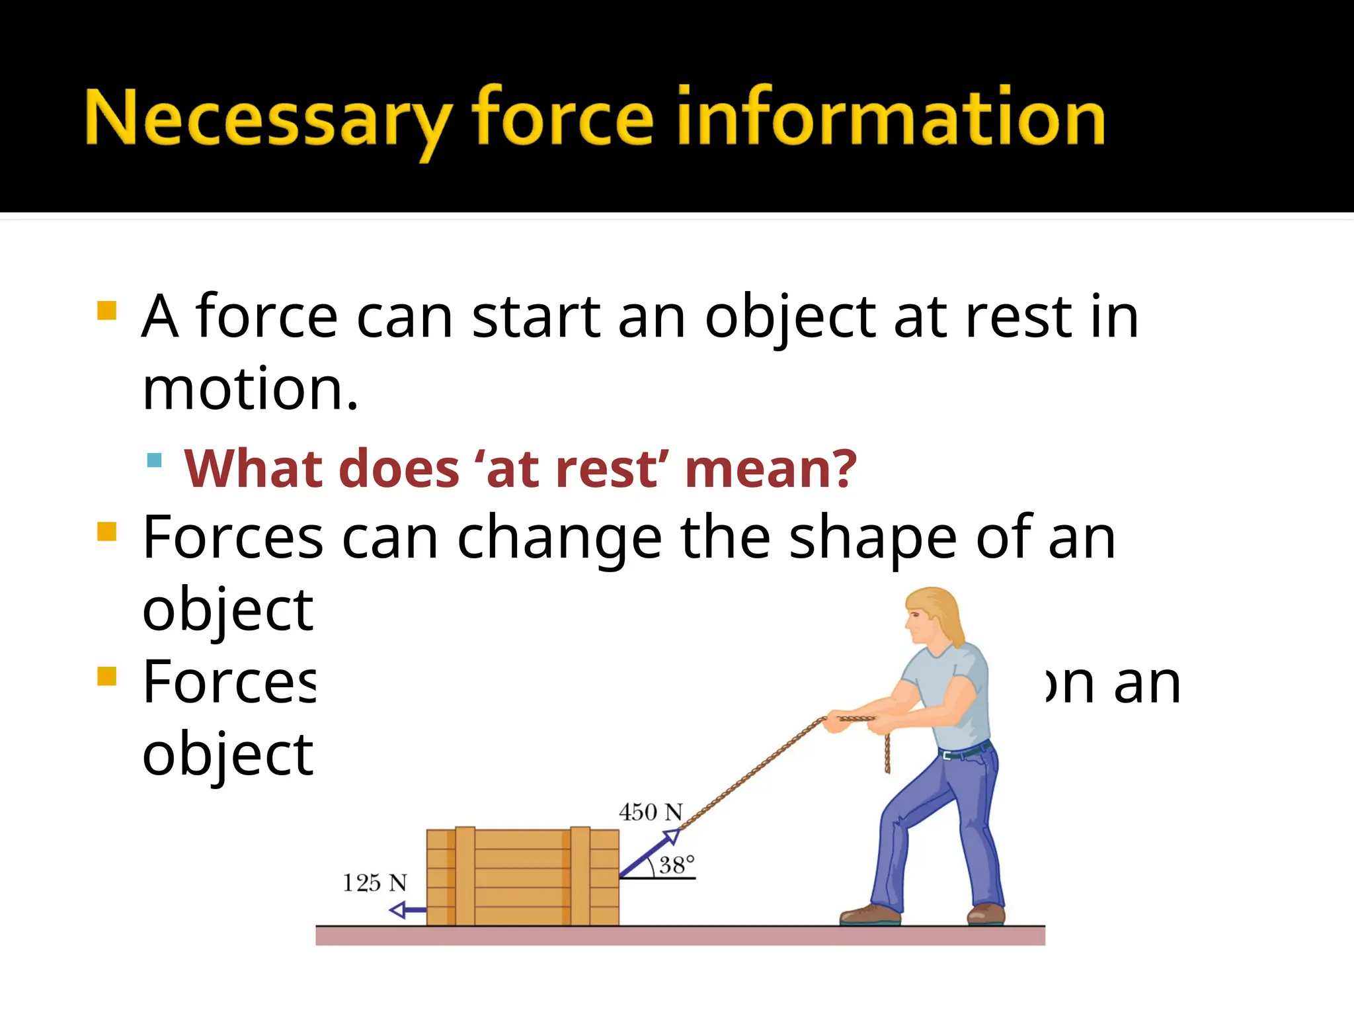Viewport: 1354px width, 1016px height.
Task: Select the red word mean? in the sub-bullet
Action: point(771,469)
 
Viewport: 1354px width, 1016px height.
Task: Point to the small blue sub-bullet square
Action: point(155,460)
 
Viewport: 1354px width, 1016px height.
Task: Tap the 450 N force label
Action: point(650,812)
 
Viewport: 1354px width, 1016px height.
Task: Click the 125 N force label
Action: point(374,883)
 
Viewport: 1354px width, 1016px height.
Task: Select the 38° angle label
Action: point(677,865)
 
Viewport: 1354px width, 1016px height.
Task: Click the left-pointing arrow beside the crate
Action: point(407,911)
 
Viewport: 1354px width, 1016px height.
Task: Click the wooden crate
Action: point(522,876)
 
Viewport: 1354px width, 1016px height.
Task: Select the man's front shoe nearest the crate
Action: point(869,915)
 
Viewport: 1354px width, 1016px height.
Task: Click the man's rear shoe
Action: point(986,914)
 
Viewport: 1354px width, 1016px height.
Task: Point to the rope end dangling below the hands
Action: point(887,754)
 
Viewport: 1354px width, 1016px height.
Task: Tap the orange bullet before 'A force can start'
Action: point(106,311)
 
